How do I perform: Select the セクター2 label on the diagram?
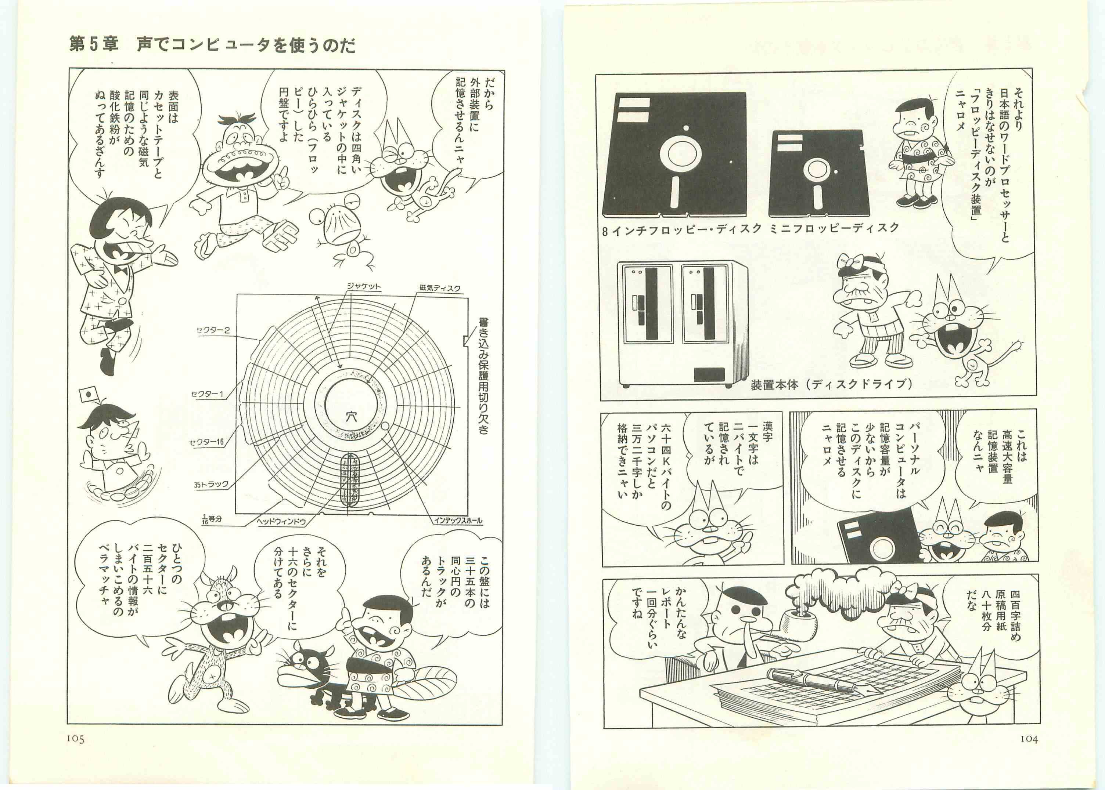coord(213,331)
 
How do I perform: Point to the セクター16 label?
coord(207,442)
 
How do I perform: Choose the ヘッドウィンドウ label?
coord(281,522)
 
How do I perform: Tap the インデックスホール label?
coord(458,521)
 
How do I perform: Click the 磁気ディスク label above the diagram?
coord(440,288)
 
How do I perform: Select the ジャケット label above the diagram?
coord(364,286)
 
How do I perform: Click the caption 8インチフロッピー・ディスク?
coord(681,229)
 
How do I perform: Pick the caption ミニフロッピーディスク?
coord(834,228)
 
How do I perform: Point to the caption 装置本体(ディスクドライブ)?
coord(831,384)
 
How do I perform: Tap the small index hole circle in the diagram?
coord(385,427)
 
